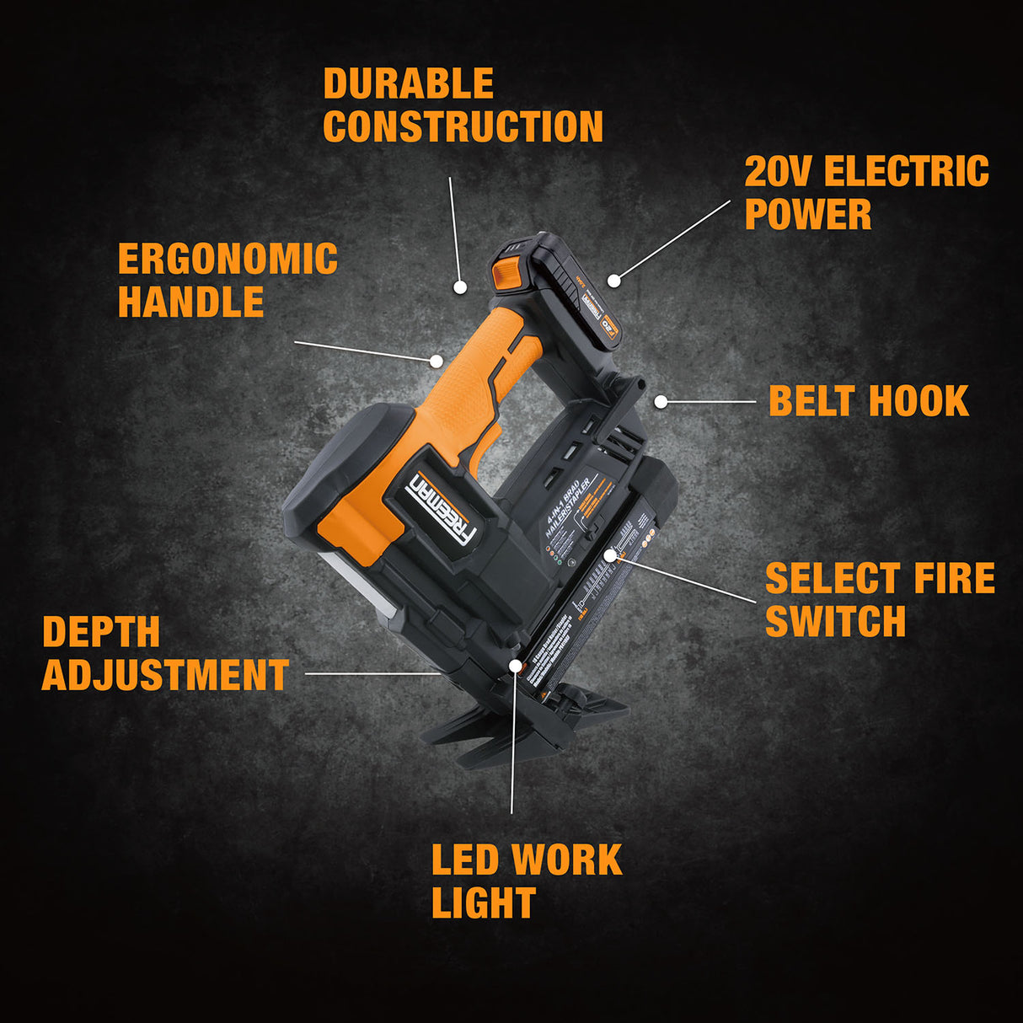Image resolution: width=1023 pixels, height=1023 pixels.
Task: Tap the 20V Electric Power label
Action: [866, 192]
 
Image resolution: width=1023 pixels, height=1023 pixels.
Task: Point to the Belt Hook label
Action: [868, 401]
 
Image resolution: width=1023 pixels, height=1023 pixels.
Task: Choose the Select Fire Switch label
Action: [879, 600]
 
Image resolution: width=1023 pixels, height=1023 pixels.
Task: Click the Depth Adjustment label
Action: [165, 654]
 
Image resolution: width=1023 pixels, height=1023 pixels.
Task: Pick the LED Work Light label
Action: [526, 881]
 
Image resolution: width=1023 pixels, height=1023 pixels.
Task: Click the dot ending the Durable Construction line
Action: [460, 287]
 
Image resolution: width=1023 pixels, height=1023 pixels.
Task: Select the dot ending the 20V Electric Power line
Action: [614, 280]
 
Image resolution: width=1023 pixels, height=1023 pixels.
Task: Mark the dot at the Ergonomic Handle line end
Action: [436, 362]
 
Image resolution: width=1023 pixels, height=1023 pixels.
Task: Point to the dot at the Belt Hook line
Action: [661, 402]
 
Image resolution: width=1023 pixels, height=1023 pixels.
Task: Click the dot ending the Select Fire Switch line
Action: [610, 555]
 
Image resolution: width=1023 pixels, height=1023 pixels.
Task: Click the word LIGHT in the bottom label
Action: [483, 903]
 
